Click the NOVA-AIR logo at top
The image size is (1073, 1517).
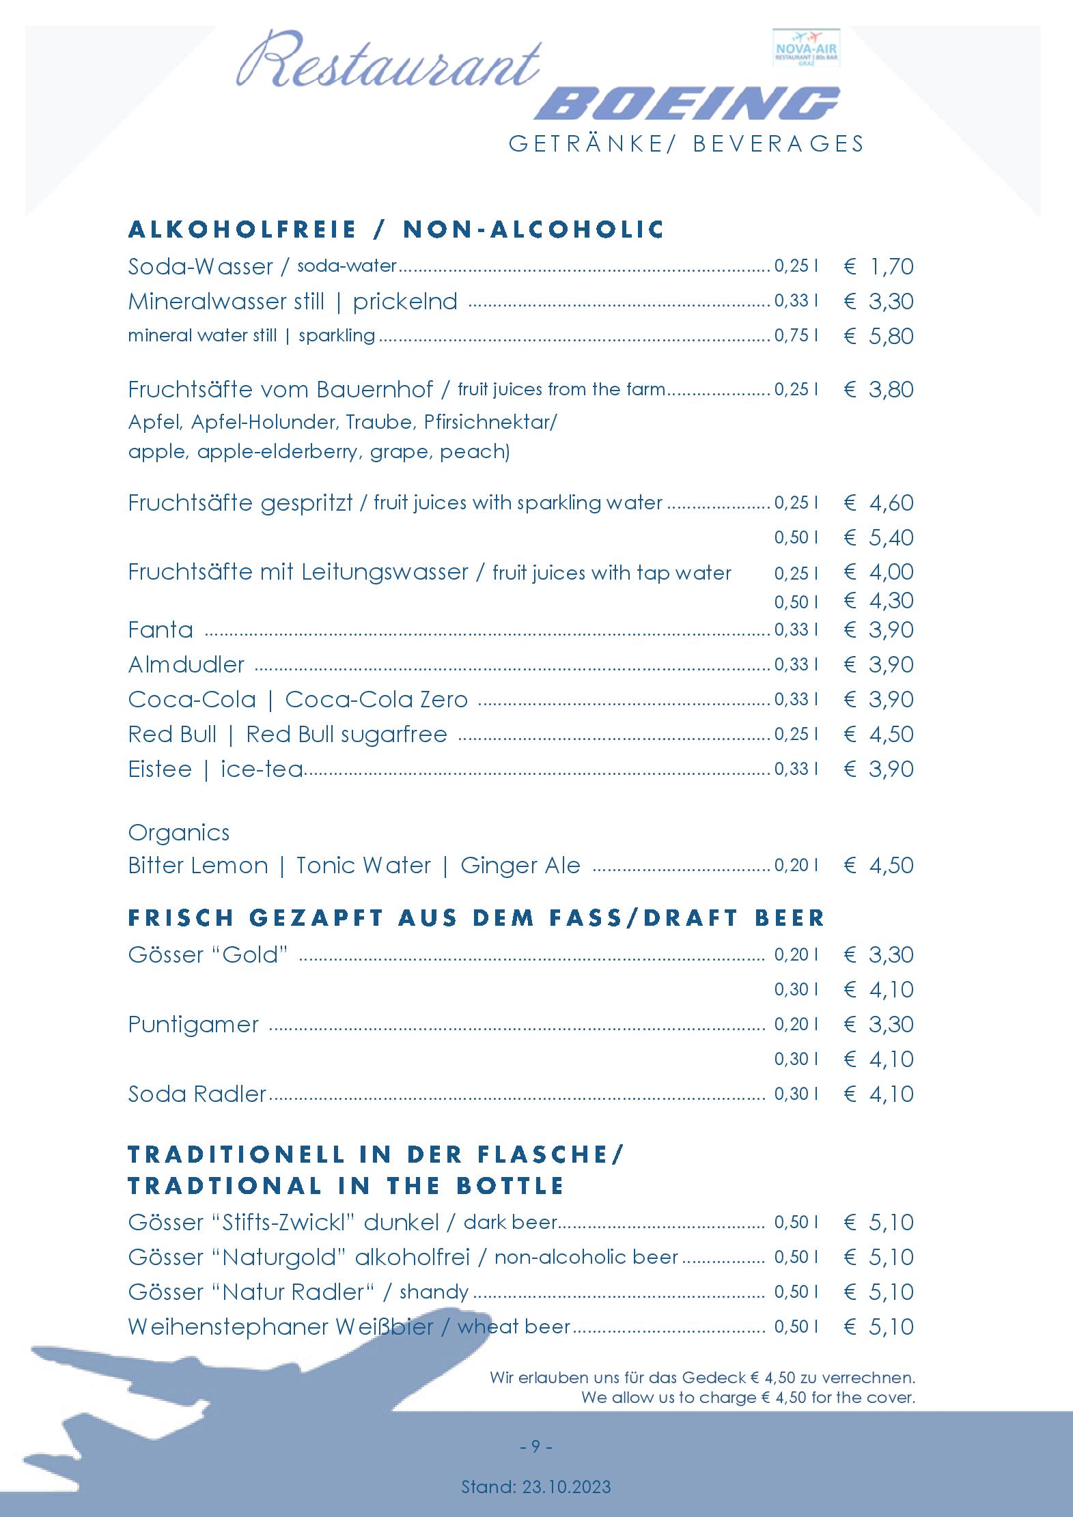(x=806, y=48)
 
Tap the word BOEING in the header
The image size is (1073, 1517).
(x=686, y=104)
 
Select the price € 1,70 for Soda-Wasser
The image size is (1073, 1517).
(x=879, y=266)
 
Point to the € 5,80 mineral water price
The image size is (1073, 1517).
(x=879, y=336)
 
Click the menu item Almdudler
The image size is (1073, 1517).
(x=186, y=664)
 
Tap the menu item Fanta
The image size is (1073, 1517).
(x=161, y=629)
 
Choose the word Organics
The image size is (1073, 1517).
(x=179, y=832)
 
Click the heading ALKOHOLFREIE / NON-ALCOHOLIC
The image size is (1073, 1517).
(x=396, y=229)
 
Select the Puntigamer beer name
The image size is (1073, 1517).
(x=193, y=1024)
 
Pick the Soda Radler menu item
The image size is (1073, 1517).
(x=197, y=1094)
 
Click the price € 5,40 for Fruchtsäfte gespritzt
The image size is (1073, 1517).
(x=879, y=537)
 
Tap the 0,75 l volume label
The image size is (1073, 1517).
(x=796, y=335)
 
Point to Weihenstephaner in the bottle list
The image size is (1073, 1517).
(x=228, y=1327)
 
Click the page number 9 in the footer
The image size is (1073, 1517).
(x=535, y=1446)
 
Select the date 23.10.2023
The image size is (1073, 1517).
(x=566, y=1486)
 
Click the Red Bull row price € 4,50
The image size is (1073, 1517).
(x=879, y=734)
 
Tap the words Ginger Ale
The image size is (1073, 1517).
(x=520, y=865)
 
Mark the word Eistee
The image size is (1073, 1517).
(x=160, y=769)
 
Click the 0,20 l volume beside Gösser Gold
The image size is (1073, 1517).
(x=796, y=954)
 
